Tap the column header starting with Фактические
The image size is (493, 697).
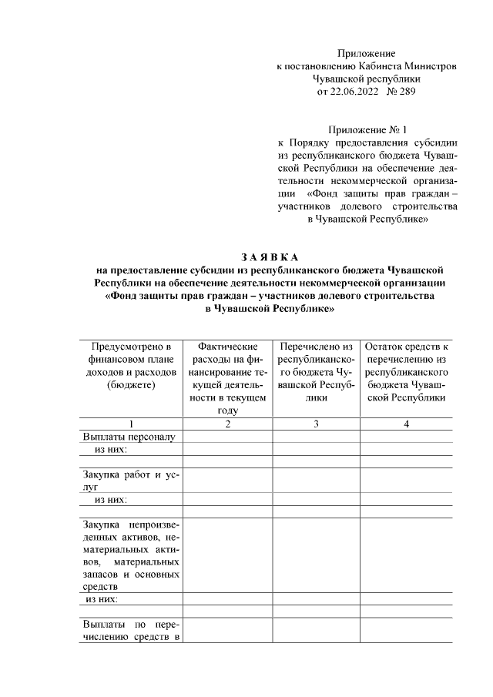(227, 378)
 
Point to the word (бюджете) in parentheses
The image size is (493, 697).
(131, 384)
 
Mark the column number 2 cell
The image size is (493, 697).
(227, 424)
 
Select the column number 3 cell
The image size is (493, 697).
(316, 424)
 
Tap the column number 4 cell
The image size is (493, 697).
(406, 424)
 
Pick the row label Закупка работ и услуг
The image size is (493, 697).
(131, 481)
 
